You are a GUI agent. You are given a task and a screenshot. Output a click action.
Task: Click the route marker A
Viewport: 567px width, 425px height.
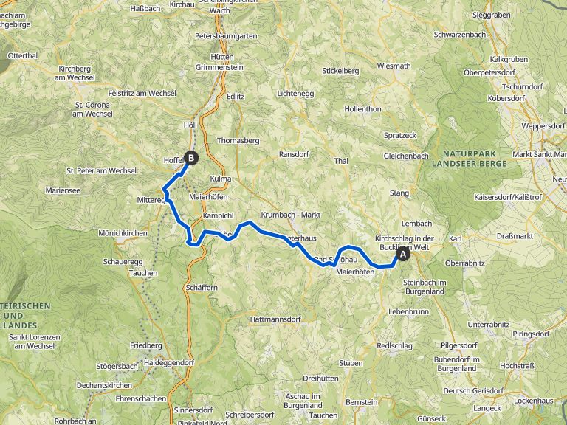pos(403,255)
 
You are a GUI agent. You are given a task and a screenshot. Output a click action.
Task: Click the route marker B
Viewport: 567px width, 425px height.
pos(191,157)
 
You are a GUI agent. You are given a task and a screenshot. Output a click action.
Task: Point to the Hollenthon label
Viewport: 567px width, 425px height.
pos(362,108)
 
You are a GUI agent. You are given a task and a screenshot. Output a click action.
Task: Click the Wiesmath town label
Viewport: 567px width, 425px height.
pos(393,66)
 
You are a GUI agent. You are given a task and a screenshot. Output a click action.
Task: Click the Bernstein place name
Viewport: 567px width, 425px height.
pos(362,401)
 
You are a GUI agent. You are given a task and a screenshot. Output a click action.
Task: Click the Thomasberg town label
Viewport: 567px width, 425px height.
pos(238,140)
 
